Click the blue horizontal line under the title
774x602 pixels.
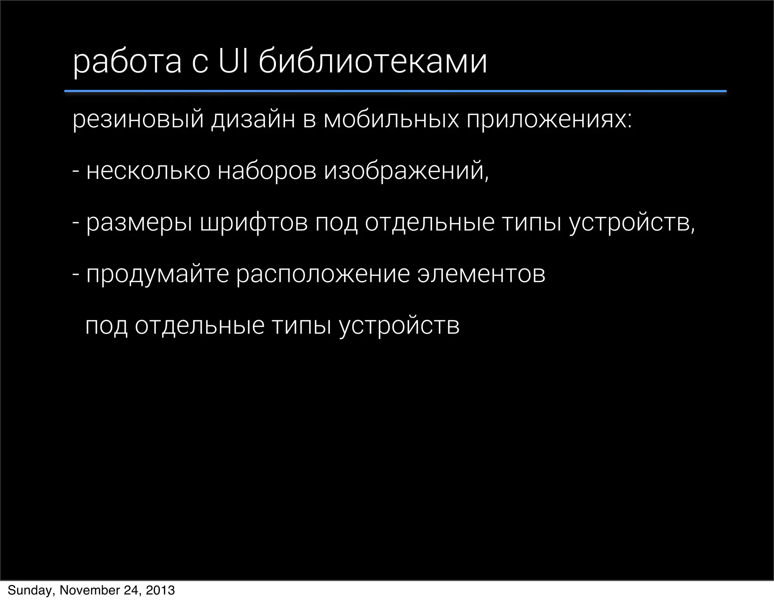(x=395, y=91)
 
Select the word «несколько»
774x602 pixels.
(x=148, y=171)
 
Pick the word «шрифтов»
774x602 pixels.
(x=254, y=223)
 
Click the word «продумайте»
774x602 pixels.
(x=158, y=275)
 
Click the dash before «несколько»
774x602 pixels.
(x=76, y=171)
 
